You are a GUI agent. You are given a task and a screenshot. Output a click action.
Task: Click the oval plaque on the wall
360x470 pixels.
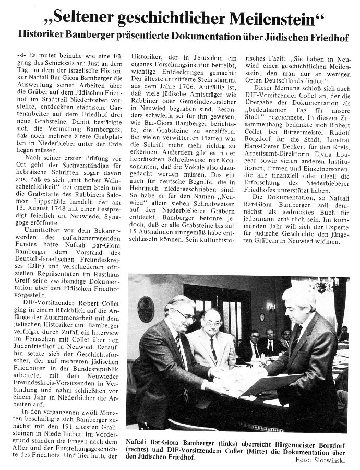click(146, 308)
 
